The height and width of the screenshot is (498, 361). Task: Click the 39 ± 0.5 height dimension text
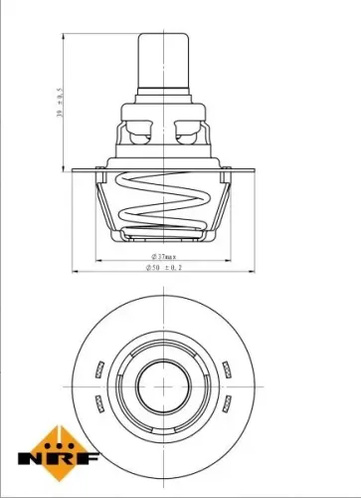point(60,103)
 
